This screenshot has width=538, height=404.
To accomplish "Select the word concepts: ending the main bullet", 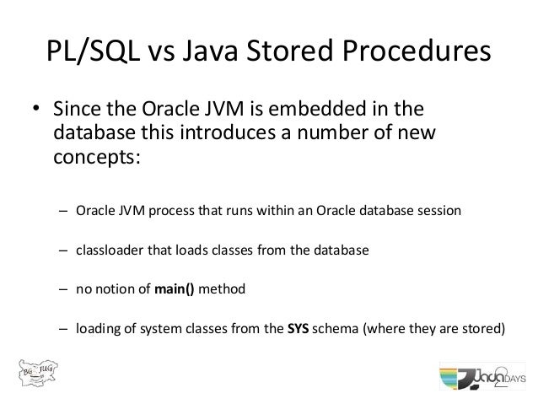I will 94,159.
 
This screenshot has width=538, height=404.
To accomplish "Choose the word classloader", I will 112,250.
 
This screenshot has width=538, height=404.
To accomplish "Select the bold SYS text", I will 298,329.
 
